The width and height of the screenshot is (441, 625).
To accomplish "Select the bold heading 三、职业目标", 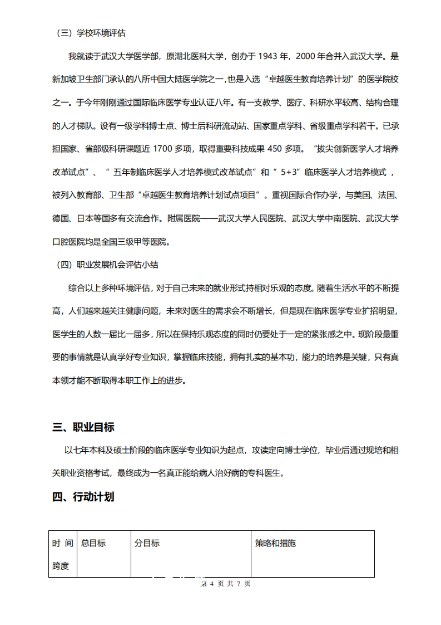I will (83, 428).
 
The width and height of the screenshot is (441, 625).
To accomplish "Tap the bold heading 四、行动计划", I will (83, 497).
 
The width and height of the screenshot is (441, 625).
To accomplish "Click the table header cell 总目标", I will (93, 543).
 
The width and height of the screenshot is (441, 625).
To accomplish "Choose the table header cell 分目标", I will (147, 543).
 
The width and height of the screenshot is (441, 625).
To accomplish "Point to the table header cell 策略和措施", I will (275, 543).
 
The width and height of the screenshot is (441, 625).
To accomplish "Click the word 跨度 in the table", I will (61, 566).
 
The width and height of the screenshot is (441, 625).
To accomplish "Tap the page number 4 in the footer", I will (212, 584).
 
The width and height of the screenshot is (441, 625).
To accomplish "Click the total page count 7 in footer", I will (239, 584).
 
